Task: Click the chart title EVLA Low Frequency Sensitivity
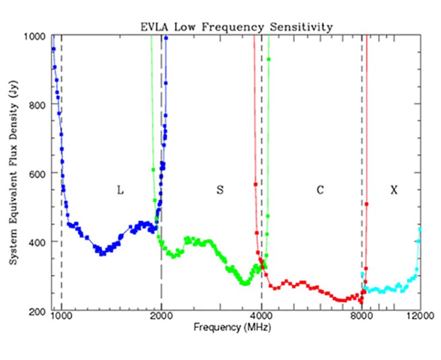[236, 27]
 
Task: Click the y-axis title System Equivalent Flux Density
[13, 173]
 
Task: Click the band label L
[120, 190]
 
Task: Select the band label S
[219, 190]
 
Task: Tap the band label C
[320, 190]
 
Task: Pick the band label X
[393, 190]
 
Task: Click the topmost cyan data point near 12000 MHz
[420, 230]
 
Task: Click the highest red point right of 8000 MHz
[366, 204]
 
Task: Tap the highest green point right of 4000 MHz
[269, 60]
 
